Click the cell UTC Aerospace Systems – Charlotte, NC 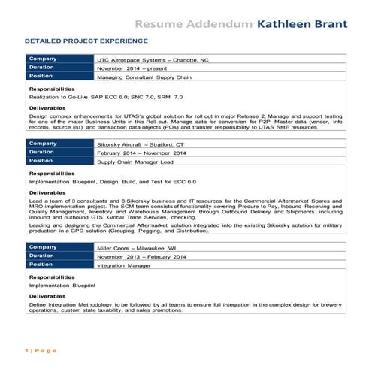tap(153, 59)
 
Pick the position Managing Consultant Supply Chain tap(145, 77)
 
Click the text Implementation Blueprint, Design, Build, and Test tap(112, 183)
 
